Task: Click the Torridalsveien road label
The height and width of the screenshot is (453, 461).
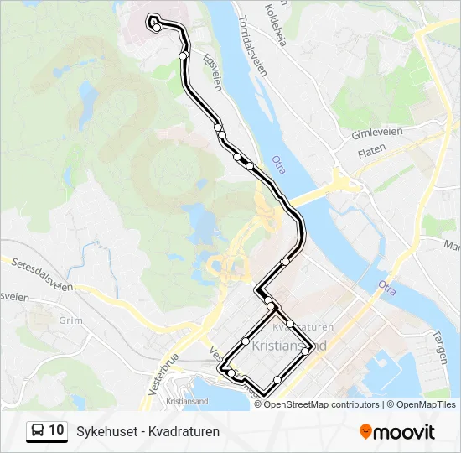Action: tap(251, 44)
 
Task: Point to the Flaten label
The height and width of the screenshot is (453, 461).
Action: tap(371, 150)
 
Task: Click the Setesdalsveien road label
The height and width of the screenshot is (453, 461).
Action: tap(40, 273)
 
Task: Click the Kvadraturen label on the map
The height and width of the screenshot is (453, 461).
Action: tap(303, 327)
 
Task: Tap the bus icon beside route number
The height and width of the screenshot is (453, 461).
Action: tap(38, 431)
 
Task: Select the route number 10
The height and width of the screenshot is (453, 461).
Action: tap(56, 430)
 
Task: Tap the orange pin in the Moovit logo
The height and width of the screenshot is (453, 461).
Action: tap(365, 432)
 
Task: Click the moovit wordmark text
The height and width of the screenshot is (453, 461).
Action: tap(405, 432)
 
